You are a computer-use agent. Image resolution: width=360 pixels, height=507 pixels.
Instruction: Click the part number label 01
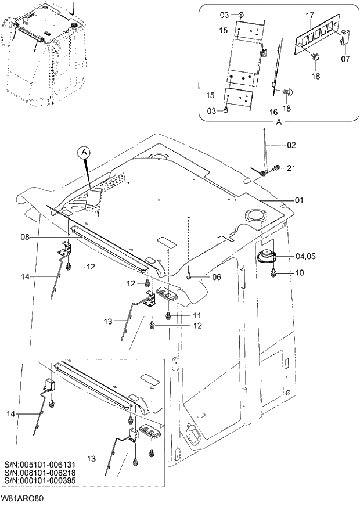299,200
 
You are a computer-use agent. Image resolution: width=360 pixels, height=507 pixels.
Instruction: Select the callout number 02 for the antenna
291,145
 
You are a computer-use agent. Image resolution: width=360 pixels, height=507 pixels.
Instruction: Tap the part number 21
291,168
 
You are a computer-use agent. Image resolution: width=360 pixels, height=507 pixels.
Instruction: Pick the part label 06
216,278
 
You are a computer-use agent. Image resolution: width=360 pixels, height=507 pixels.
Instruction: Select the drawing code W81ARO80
23,499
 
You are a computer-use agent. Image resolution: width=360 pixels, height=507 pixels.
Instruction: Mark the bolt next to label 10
274,272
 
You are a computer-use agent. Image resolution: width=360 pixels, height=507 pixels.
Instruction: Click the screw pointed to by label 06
189,277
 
